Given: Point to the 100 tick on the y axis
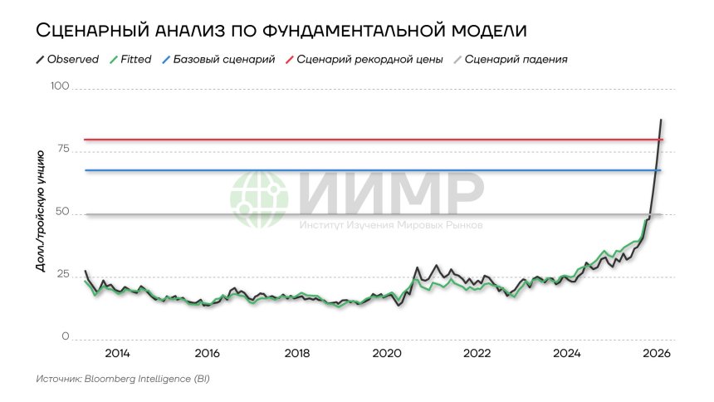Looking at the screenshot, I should pos(60,86).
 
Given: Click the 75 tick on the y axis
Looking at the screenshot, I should pos(62,150).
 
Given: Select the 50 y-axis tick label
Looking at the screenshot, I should pos(62,213).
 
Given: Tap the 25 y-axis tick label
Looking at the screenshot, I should pos(62,275).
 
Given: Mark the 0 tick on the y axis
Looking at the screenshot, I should pos(65,337).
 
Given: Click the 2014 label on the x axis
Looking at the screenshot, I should pos(117,353).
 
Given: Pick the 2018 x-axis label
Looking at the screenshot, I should pos(297,353).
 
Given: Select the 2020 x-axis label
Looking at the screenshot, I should pos(387,353).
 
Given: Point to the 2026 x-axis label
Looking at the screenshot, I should pos(657,353).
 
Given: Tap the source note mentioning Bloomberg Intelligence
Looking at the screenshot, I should pos(122,379).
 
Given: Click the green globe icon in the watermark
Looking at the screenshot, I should pos(259,200).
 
